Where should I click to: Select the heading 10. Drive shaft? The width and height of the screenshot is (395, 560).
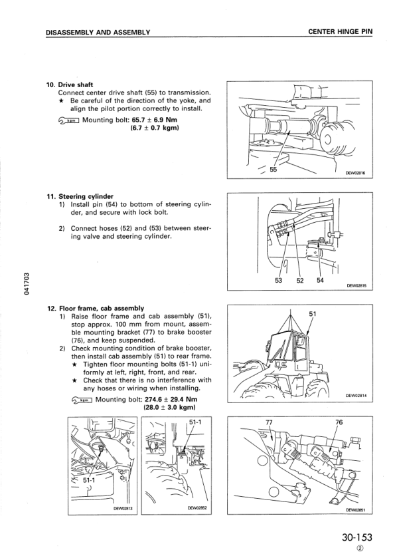(70, 84)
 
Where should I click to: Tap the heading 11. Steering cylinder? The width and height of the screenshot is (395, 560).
(80, 196)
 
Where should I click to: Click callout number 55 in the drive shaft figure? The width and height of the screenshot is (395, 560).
(273, 170)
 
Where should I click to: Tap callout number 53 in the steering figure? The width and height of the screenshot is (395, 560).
(278, 280)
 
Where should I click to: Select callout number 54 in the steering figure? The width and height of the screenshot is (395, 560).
(320, 280)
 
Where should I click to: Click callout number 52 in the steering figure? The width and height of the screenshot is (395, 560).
(300, 280)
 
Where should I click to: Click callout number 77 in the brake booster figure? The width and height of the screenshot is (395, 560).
(269, 422)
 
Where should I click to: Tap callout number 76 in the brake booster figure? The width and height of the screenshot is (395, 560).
(339, 422)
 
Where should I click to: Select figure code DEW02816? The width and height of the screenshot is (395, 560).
(360, 175)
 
